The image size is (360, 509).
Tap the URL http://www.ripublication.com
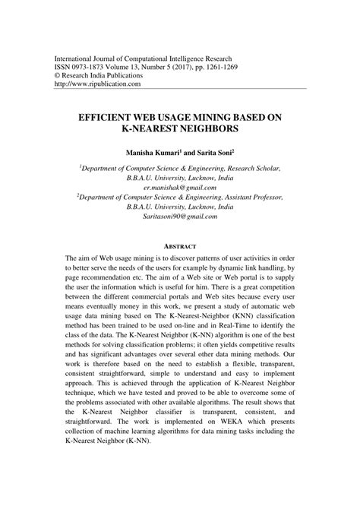click(98, 84)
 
